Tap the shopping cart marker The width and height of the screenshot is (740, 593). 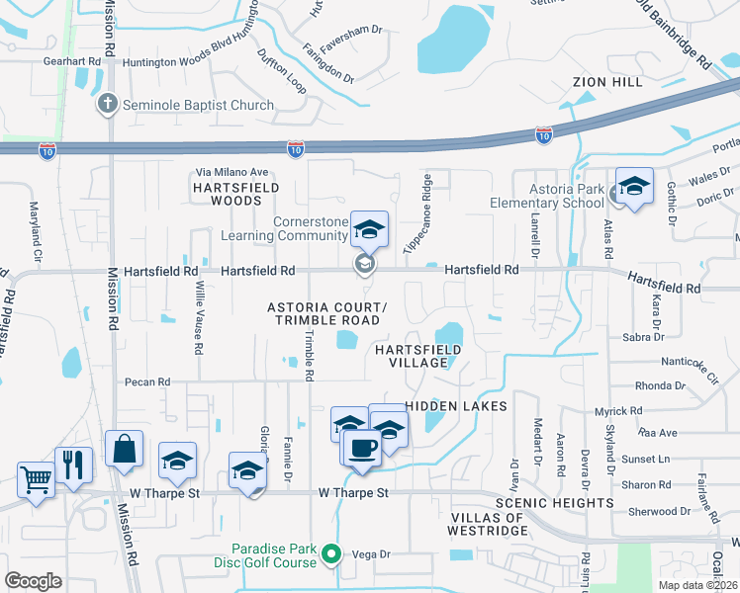click(x=36, y=481)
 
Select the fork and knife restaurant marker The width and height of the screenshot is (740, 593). click(x=73, y=465)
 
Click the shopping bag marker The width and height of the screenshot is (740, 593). click(x=125, y=450)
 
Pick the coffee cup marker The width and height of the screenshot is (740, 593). click(x=361, y=448)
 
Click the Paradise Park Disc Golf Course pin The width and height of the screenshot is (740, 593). click(x=332, y=555)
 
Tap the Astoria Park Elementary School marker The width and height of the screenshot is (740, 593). click(x=634, y=187)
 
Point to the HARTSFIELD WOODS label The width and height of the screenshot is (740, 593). click(x=236, y=193)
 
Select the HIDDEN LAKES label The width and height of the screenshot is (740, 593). click(x=456, y=406)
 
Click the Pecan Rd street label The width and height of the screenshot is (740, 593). click(x=147, y=381)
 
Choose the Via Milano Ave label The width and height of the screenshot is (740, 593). click(x=231, y=172)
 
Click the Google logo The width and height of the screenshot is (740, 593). click(x=33, y=580)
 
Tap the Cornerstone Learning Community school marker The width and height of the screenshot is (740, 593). click(x=369, y=231)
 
